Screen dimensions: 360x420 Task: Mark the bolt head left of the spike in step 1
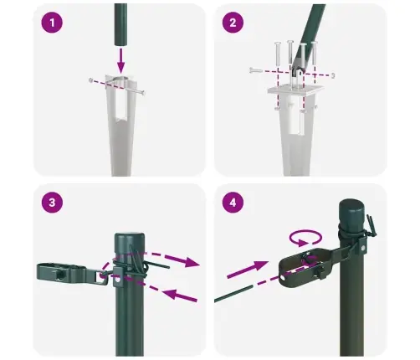point(90,81)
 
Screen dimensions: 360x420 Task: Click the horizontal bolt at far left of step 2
point(253,71)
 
